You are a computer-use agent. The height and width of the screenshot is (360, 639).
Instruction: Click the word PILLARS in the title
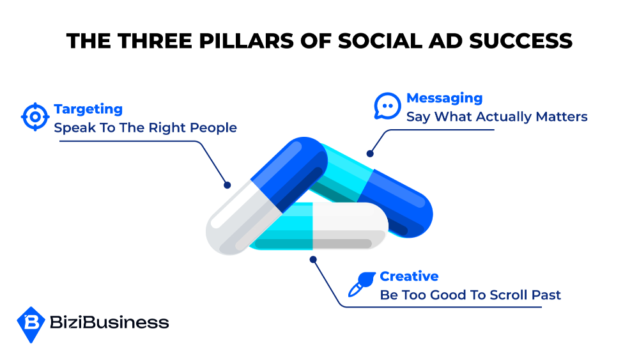[246, 41]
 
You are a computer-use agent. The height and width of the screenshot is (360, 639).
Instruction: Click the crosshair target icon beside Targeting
[35, 116]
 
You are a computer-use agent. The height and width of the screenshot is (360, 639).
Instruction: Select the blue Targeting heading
[88, 109]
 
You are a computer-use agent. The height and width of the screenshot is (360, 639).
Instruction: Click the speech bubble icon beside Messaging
[387, 106]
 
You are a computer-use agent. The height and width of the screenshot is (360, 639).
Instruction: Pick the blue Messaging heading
[444, 98]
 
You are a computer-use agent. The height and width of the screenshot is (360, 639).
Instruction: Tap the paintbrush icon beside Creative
[362, 284]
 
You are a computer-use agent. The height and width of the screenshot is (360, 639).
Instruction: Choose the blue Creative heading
[409, 276]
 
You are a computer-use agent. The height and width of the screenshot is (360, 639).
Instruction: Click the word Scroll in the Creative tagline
[509, 295]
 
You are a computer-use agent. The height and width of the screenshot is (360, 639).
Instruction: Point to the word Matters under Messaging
[562, 116]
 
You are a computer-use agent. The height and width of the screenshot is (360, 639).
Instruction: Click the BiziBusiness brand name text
[109, 322]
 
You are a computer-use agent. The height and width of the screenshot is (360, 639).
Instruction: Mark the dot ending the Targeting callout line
[227, 185]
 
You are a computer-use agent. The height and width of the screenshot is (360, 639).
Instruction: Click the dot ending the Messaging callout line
[369, 153]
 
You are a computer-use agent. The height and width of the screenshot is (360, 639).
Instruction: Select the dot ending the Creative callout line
[313, 260]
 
